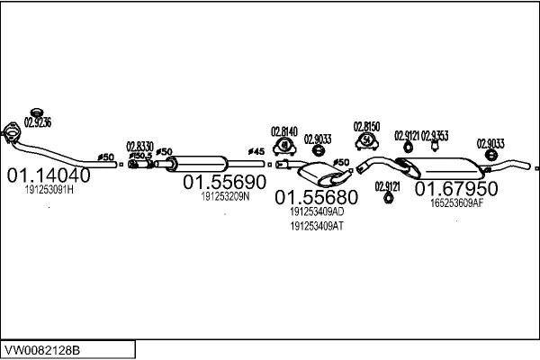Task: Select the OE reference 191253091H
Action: [x=49, y=191]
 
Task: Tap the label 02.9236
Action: [x=38, y=122]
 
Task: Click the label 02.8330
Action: [x=139, y=146]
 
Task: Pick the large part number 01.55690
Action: [x=225, y=181]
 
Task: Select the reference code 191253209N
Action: [x=225, y=195]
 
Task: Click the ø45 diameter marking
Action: [x=256, y=150]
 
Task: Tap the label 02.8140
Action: [x=284, y=131]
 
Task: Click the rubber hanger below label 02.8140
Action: [x=284, y=148]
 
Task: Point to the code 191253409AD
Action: [x=317, y=211]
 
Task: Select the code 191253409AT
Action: [x=317, y=226]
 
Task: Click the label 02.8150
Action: [x=366, y=127]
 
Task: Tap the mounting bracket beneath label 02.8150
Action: [x=367, y=141]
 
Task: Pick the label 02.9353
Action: [x=435, y=134]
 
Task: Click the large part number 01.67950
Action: [x=455, y=189]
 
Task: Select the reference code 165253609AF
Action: [x=456, y=203]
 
